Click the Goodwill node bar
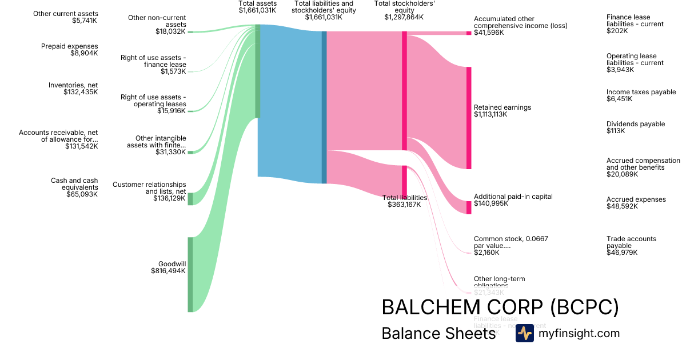tap(190, 274)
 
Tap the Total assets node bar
tap(258, 71)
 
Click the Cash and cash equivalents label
tap(74, 184)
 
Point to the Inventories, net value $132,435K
tap(81, 91)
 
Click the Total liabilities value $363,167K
tap(404, 205)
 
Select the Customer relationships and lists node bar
tap(190, 199)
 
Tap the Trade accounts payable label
tap(631, 242)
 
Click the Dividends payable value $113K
tap(616, 131)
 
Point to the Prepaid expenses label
tap(69, 46)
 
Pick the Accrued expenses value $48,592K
tap(622, 206)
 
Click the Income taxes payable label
tap(641, 92)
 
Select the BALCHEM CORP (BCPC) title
tap(500, 307)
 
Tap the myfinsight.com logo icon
tap(524, 333)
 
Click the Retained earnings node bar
tap(469, 118)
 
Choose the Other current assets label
tap(66, 14)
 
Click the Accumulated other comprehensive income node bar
tap(469, 33)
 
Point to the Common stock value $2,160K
tap(486, 253)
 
